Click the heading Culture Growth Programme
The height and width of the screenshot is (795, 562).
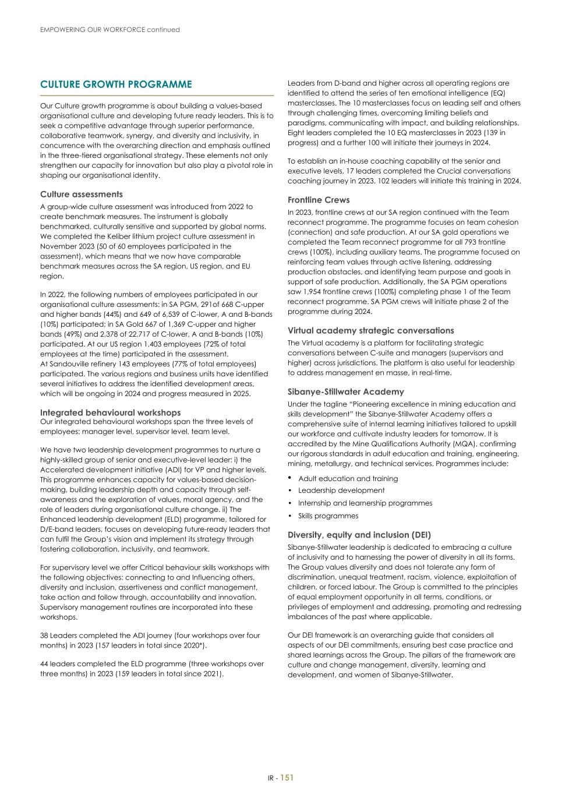[x=116, y=84]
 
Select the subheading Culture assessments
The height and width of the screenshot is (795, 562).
[x=82, y=194]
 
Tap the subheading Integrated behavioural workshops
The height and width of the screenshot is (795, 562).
[x=110, y=412]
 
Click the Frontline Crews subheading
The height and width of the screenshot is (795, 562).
[x=319, y=200]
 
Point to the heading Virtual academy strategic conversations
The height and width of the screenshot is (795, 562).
[x=370, y=330]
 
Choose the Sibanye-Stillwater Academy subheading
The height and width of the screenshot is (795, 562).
[x=345, y=392]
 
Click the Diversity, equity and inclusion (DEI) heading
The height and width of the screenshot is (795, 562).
[x=359, y=535]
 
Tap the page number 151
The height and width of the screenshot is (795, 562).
[x=287, y=778]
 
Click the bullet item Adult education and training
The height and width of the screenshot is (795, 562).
[x=348, y=479]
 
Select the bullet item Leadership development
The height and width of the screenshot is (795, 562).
[x=341, y=490]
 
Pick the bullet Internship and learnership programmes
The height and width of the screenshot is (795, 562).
[x=365, y=503]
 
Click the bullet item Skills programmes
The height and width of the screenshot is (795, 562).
[x=328, y=516]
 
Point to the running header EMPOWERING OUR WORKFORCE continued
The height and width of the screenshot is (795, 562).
[x=110, y=30]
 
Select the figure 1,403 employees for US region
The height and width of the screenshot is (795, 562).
[x=145, y=344]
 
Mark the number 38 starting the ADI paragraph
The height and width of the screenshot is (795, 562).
[x=44, y=635]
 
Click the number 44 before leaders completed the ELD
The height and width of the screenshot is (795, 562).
[x=44, y=664]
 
